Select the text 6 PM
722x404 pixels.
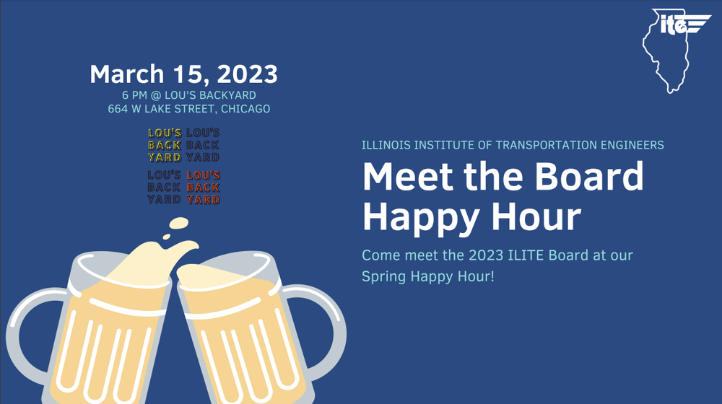pyautogui.click(x=136, y=95)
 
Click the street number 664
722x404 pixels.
pyautogui.click(x=118, y=109)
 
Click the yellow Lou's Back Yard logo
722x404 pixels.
pyautogui.click(x=165, y=145)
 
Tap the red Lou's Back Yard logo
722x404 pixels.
pyautogui.click(x=203, y=188)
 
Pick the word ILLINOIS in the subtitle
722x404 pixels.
pyautogui.click(x=388, y=145)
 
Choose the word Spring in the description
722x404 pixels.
pyautogui.click(x=383, y=276)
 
